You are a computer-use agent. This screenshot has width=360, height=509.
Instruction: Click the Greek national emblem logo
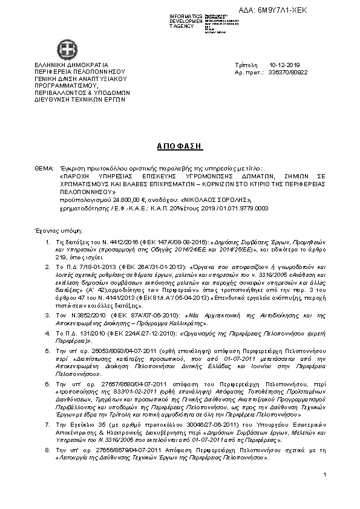65,48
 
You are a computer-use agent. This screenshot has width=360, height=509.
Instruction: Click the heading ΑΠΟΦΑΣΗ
180,146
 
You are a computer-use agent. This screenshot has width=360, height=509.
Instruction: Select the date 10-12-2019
280,64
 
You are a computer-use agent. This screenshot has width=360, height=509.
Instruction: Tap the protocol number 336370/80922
287,71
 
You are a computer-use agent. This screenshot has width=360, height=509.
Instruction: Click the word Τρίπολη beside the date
245,64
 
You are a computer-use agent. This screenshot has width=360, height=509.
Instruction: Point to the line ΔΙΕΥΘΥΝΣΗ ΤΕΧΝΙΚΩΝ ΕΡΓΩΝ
80,99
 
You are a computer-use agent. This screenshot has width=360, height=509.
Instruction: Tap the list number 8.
49,450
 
